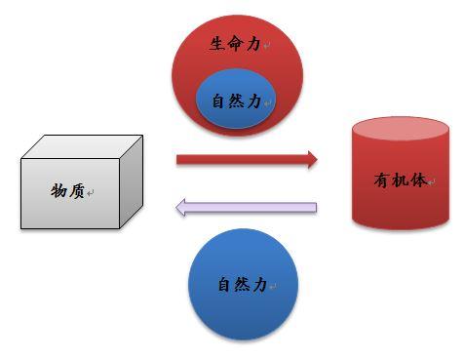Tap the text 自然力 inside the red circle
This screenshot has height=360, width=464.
click(x=236, y=100)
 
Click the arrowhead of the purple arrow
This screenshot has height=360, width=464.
click(x=181, y=207)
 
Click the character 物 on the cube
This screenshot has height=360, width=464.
click(x=59, y=192)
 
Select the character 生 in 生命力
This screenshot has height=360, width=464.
click(x=217, y=44)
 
